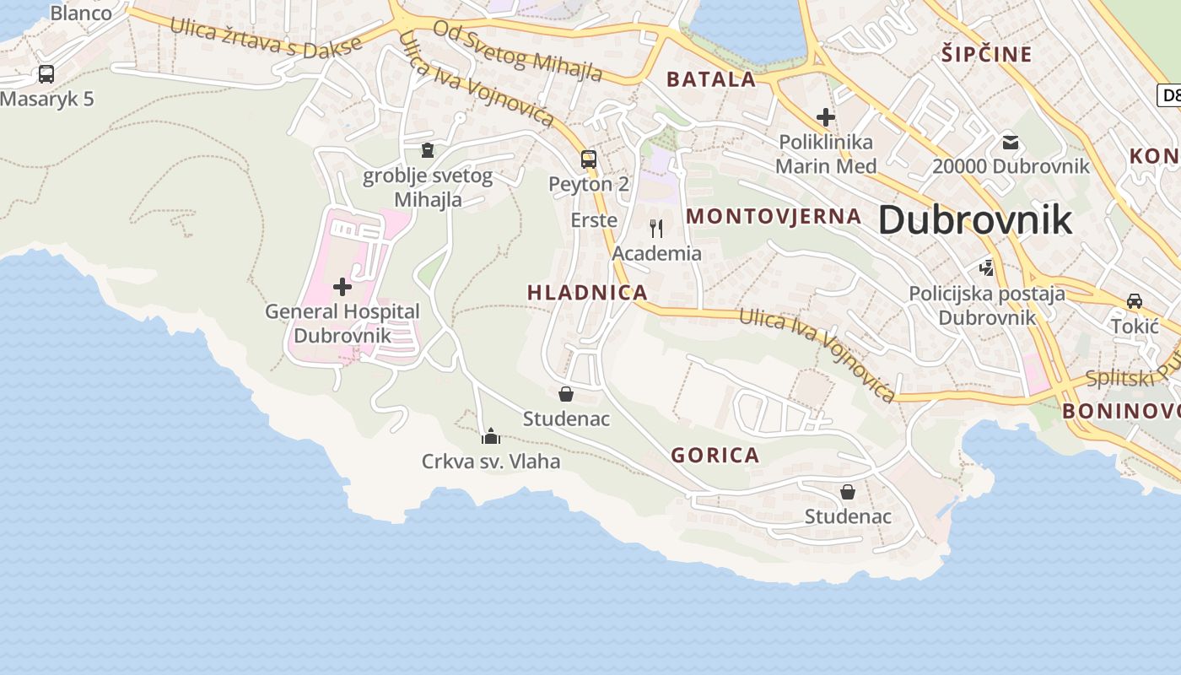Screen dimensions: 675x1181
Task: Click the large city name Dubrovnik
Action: point(975,219)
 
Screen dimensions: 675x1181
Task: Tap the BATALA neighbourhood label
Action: point(710,80)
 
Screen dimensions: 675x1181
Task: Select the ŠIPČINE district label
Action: point(986,55)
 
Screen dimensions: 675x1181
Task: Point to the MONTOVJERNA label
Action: point(774,216)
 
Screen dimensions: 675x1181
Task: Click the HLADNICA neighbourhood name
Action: point(587,293)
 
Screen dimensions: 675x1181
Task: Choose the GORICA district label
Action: point(715,456)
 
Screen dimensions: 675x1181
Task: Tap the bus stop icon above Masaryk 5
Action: point(46,74)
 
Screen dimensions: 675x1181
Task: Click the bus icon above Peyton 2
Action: point(589,159)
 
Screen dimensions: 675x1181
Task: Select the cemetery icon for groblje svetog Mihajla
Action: point(427,150)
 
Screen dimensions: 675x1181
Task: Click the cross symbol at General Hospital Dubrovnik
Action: point(342,287)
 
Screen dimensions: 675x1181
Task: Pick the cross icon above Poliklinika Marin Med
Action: point(826,117)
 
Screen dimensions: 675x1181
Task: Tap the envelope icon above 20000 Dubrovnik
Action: point(1010,142)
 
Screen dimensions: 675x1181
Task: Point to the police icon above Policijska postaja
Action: point(986,268)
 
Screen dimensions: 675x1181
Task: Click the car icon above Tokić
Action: point(1135,301)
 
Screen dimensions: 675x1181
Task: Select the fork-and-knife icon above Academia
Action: point(656,228)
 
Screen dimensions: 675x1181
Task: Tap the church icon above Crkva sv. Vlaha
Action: point(491,435)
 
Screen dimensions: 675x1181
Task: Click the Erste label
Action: point(594,220)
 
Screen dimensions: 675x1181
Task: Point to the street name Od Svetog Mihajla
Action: point(518,51)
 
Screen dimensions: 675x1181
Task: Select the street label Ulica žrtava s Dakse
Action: point(267,37)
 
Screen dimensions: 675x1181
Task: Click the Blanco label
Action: point(81,13)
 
